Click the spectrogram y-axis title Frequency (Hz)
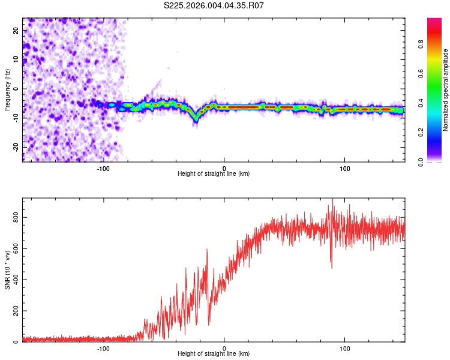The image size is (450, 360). (x=7, y=90)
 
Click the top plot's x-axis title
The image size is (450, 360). (x=214, y=173)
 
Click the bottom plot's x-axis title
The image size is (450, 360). (x=214, y=353)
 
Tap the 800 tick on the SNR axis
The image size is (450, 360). (x=14, y=217)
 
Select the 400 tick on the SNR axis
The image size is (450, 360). (x=14, y=280)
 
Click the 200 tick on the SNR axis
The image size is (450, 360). (x=14, y=311)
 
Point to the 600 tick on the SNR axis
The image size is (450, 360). (x=14, y=248)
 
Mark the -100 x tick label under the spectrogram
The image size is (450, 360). (x=103, y=167)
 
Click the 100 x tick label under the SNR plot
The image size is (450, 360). (x=345, y=347)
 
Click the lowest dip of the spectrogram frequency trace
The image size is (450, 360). (x=196, y=120)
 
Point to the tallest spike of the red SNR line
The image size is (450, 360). (x=332, y=200)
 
